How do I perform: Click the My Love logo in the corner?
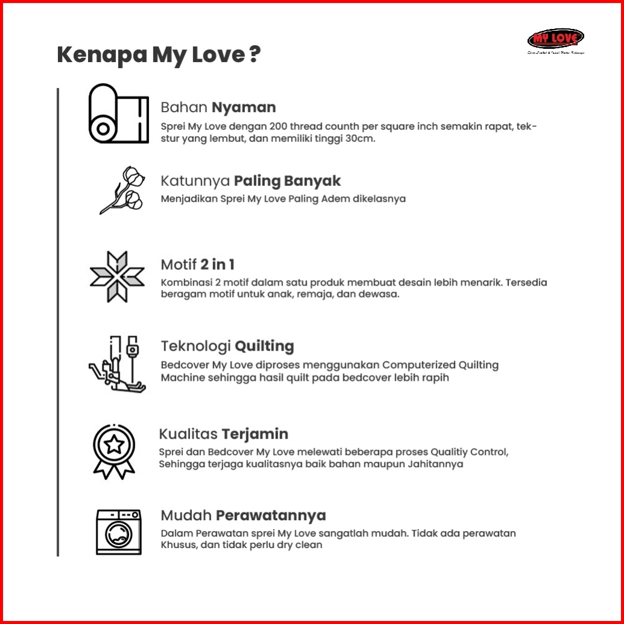555,39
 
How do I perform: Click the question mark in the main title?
255,55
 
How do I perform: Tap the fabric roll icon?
118,113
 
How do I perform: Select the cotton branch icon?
123,189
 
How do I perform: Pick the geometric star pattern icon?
117,276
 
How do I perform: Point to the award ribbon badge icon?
114,450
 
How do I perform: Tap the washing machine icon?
118,532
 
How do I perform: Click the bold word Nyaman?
244,107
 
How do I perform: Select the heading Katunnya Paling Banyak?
250,180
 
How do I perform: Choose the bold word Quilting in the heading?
264,346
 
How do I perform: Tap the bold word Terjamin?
255,434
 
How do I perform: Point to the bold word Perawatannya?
271,515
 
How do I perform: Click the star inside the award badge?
114,445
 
